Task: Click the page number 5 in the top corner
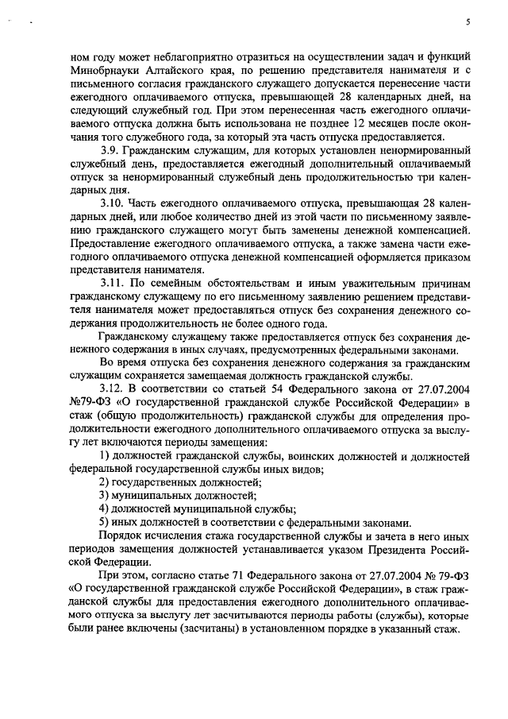pos(468,23)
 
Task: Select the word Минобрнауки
pos(103,69)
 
